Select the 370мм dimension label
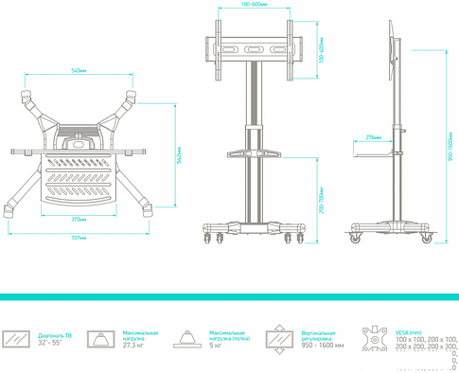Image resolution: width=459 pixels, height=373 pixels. click(x=79, y=219)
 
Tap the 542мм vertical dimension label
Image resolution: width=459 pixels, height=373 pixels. click(x=179, y=158)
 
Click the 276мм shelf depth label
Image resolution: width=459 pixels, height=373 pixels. click(x=373, y=137)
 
